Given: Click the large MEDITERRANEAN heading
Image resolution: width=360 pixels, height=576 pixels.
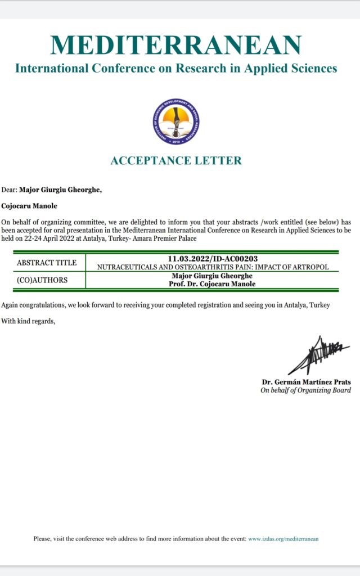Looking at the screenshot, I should [176, 46].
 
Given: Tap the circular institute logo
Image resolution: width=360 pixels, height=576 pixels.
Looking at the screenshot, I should [177, 121].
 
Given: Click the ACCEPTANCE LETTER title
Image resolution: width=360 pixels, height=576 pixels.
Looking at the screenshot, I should [176, 160].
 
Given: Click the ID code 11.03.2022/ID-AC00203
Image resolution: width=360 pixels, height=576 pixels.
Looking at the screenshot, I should [212, 259].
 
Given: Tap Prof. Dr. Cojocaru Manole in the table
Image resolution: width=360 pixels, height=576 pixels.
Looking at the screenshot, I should [212, 285].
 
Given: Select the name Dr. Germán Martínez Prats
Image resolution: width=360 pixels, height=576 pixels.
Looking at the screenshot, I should [306, 382].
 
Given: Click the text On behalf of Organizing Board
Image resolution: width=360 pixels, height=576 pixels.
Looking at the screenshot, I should [305, 390].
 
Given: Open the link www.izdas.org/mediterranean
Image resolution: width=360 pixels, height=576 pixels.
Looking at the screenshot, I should [283, 539].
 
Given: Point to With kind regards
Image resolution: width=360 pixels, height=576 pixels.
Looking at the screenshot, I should [29, 321].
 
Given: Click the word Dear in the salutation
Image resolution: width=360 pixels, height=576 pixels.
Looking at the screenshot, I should [8, 190].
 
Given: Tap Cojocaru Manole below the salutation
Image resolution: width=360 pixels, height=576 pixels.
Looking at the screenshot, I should [28, 206].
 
